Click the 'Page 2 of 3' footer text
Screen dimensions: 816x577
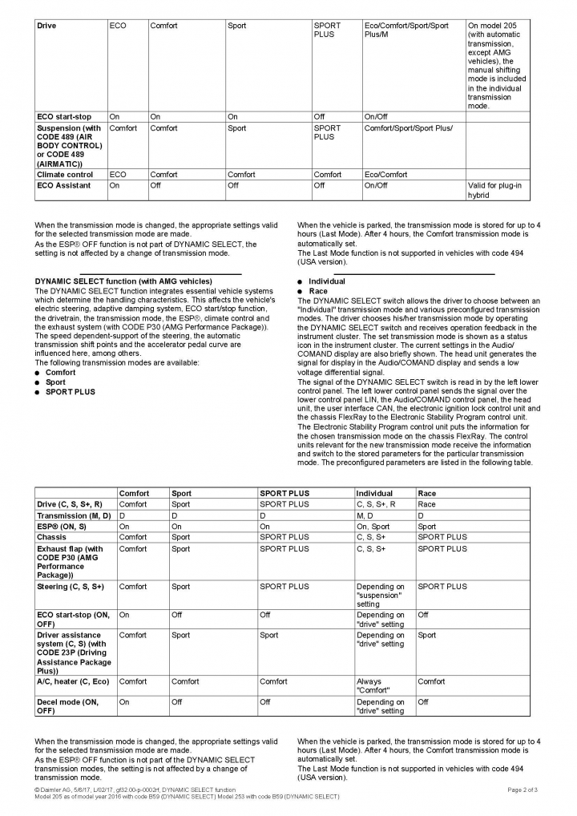(522, 790)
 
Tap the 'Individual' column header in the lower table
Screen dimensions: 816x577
(374, 493)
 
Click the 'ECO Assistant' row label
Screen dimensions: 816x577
(64, 185)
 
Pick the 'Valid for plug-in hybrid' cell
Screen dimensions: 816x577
(494, 190)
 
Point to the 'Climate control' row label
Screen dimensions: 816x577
(65, 174)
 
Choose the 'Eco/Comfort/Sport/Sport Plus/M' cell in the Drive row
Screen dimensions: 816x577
(406, 30)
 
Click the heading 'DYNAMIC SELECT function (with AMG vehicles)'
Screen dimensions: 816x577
(123, 281)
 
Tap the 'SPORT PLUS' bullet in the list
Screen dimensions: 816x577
(70, 392)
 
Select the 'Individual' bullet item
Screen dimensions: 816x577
(326, 281)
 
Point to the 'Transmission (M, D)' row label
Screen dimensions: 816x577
(73, 515)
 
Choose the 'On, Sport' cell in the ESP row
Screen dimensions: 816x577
(373, 527)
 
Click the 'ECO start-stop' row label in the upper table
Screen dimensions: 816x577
(64, 116)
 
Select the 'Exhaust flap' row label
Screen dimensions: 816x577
(71, 562)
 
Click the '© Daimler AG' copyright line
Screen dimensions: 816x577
(135, 790)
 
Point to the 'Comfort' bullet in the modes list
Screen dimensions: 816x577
(60, 373)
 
